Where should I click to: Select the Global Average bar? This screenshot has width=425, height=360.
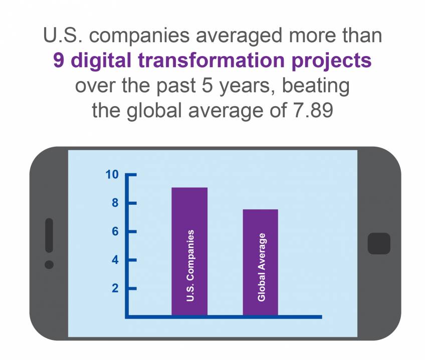(261, 225)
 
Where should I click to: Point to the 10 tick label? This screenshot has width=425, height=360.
(111, 175)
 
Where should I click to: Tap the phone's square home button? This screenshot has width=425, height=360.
(379, 243)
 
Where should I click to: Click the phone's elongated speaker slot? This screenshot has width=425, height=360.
(49, 235)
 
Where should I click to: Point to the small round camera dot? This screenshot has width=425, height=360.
(49, 264)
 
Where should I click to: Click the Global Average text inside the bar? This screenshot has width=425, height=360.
(261, 267)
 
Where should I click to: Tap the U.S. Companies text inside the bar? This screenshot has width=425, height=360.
(190, 265)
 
